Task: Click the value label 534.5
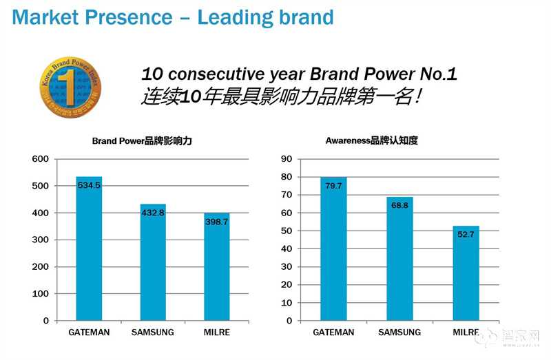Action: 89,185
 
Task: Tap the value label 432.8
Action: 153,213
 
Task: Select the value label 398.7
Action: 217,222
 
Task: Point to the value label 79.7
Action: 333,186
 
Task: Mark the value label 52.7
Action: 466,234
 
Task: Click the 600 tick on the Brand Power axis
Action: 41,159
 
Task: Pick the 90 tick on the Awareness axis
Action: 287,159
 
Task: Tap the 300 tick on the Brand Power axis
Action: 41,240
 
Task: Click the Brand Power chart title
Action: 141,140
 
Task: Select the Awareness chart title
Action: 371,140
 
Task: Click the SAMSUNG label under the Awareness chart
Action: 399,332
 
